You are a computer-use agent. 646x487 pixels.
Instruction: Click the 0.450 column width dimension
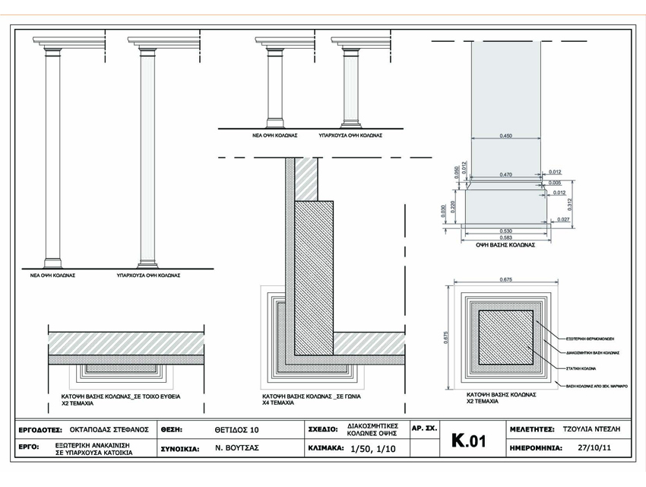pyautogui.click(x=505, y=135)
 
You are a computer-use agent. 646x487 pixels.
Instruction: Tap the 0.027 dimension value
pyautogui.click(x=562, y=220)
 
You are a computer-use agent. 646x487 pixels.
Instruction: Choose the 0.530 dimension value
pyautogui.click(x=505, y=231)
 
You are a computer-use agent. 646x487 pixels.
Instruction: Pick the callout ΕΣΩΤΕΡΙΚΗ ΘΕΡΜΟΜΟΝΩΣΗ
pyautogui.click(x=591, y=337)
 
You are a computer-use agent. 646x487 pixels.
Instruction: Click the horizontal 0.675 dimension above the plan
pyautogui.click(x=505, y=282)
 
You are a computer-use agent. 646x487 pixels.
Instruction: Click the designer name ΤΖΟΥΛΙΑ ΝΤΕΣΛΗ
pyautogui.click(x=592, y=430)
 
